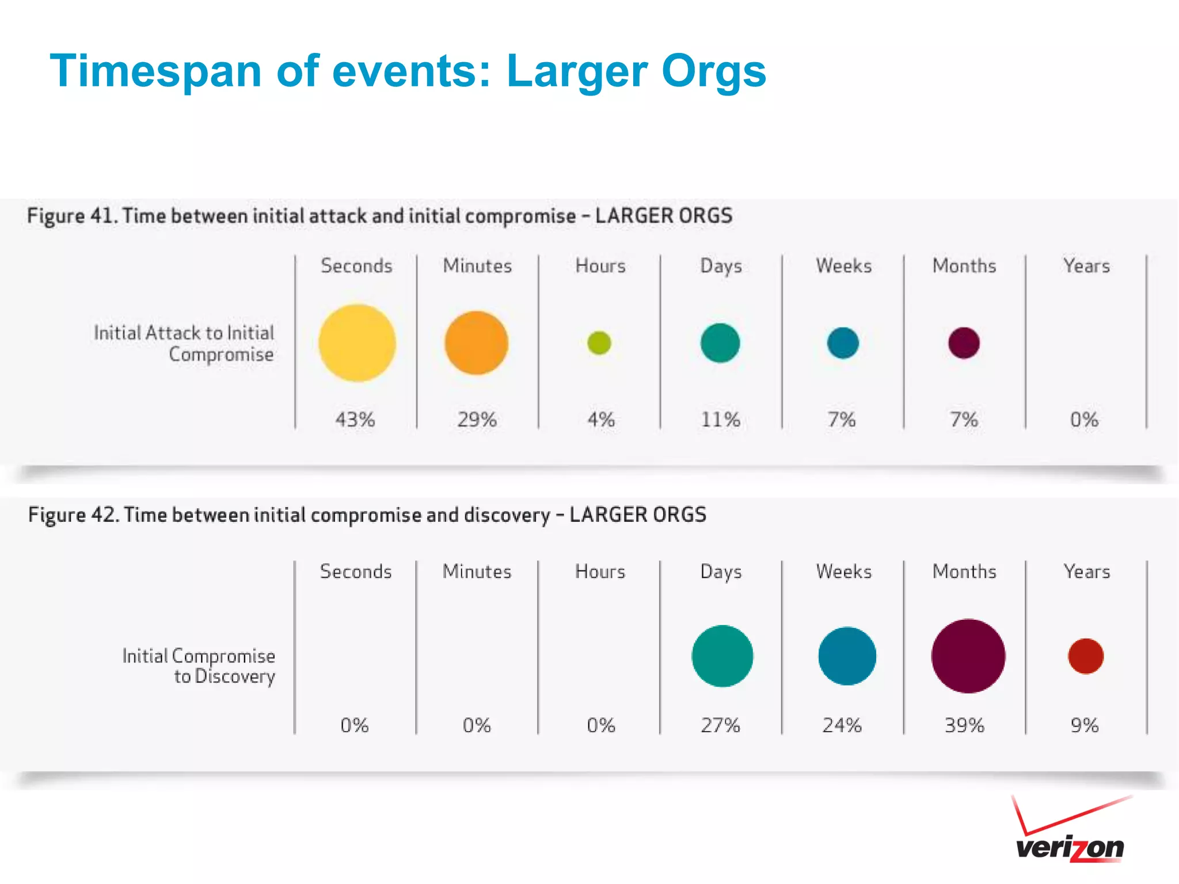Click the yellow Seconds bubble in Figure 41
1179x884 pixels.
pos(357,343)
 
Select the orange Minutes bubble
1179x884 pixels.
pos(477,343)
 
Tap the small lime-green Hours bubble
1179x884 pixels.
pos(599,343)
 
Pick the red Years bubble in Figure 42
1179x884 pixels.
pos(1086,656)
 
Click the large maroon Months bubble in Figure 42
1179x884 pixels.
pos(968,656)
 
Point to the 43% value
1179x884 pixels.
pos(355,419)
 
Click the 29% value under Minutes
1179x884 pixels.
pos(477,419)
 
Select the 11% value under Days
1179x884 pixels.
pos(720,419)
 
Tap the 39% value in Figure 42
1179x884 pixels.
pos(964,725)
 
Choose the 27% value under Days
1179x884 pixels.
pos(720,725)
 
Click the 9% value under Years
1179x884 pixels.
pos(1085,725)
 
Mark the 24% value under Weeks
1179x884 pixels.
pos(842,725)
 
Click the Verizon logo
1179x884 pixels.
pos(1070,832)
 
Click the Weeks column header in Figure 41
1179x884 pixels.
pos(843,266)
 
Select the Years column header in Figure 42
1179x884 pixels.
pos(1086,571)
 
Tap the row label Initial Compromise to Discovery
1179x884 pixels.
pos(199,666)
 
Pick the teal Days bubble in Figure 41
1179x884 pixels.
pos(720,343)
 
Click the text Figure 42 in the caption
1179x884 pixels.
pos(73,515)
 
